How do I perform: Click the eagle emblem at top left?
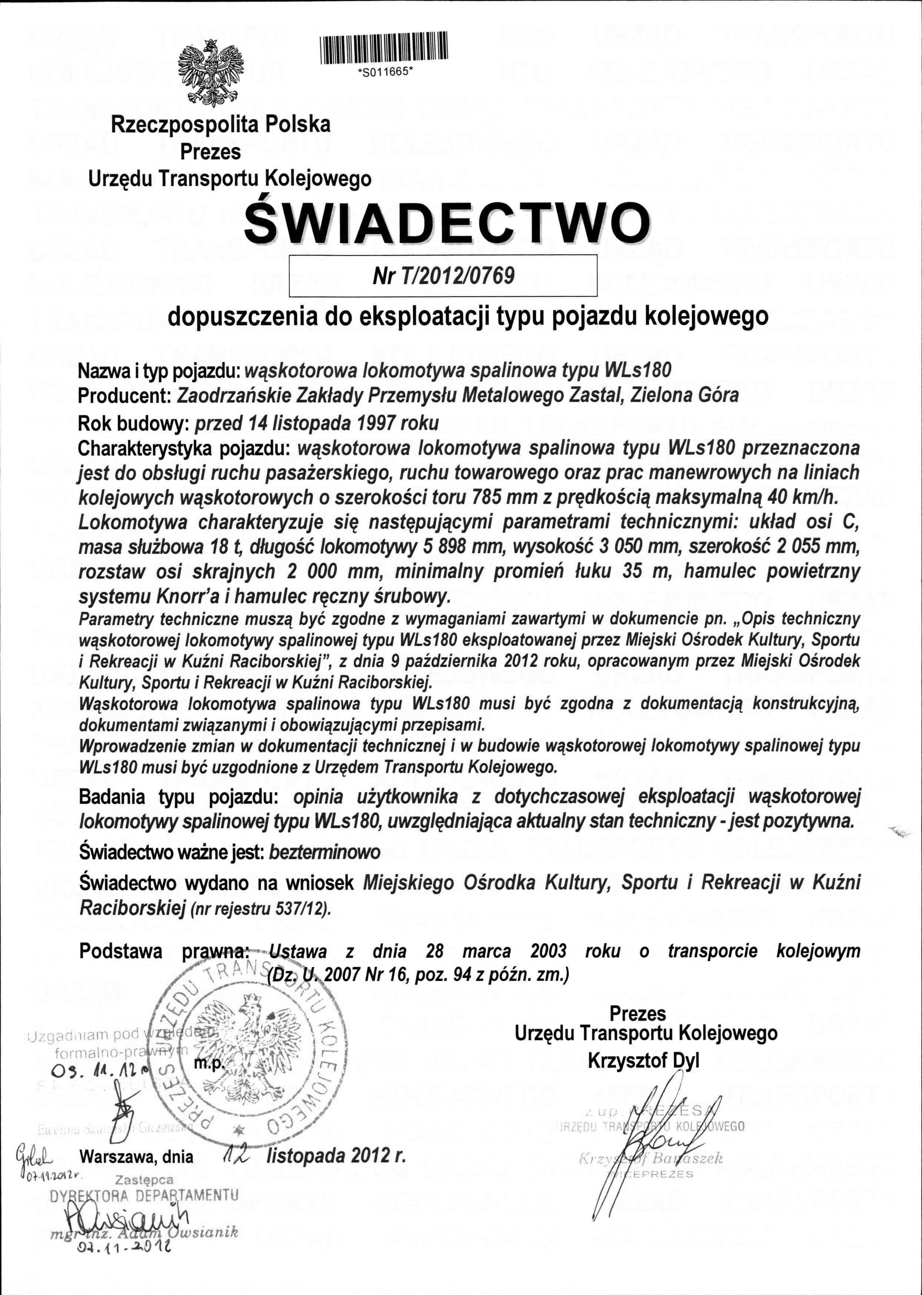(x=210, y=73)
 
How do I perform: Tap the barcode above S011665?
(x=384, y=48)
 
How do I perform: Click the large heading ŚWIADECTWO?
(x=447, y=222)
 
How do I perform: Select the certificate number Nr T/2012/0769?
(x=444, y=276)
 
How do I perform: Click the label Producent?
(x=125, y=395)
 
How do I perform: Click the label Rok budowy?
(x=134, y=423)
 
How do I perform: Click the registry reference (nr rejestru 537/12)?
(x=261, y=909)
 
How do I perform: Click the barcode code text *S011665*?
(x=384, y=73)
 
